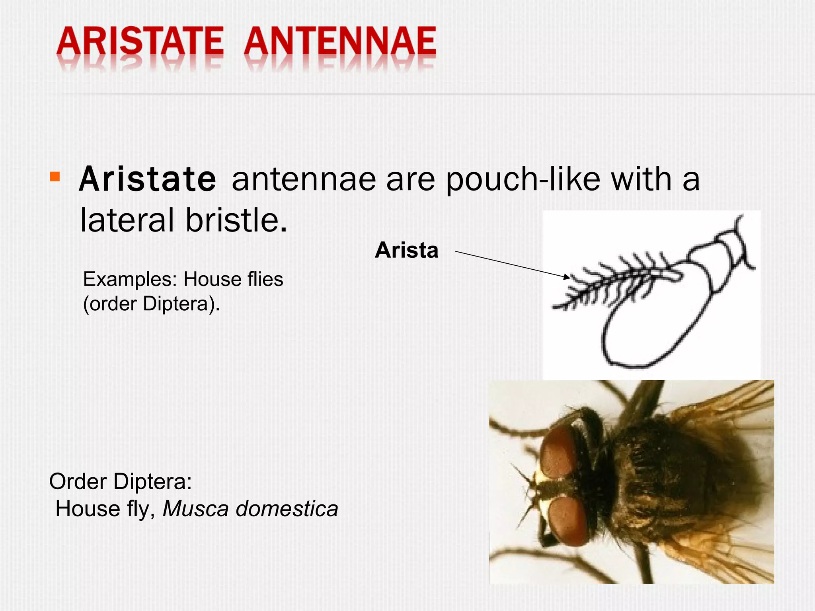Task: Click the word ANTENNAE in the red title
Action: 340,42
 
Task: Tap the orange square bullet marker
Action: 55,177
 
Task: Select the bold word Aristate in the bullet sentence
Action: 148,180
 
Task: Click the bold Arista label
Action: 406,251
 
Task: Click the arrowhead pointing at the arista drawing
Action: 567,277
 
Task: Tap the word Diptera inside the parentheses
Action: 175,304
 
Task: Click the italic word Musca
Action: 195,509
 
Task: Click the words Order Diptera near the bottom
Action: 120,482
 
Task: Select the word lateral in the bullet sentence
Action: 127,220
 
